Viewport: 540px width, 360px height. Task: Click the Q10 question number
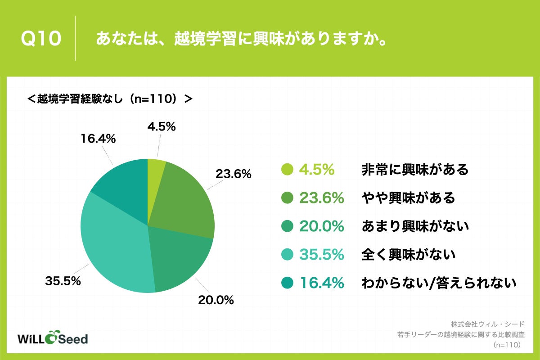pyautogui.click(x=41, y=39)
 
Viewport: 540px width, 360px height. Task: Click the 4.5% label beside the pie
pyautogui.click(x=161, y=127)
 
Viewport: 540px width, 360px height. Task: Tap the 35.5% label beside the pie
pyautogui.click(x=63, y=282)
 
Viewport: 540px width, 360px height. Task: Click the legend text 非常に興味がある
pyautogui.click(x=415, y=170)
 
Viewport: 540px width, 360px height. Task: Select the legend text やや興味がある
pyautogui.click(x=408, y=198)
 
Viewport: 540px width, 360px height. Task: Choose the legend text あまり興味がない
pyautogui.click(x=415, y=226)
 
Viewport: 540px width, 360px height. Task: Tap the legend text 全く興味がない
pyautogui.click(x=408, y=255)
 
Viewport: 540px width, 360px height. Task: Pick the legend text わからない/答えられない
pyautogui.click(x=438, y=283)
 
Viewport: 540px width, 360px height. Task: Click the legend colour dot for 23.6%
pyautogui.click(x=287, y=198)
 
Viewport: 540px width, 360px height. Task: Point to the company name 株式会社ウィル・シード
pyautogui.click(x=488, y=324)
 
